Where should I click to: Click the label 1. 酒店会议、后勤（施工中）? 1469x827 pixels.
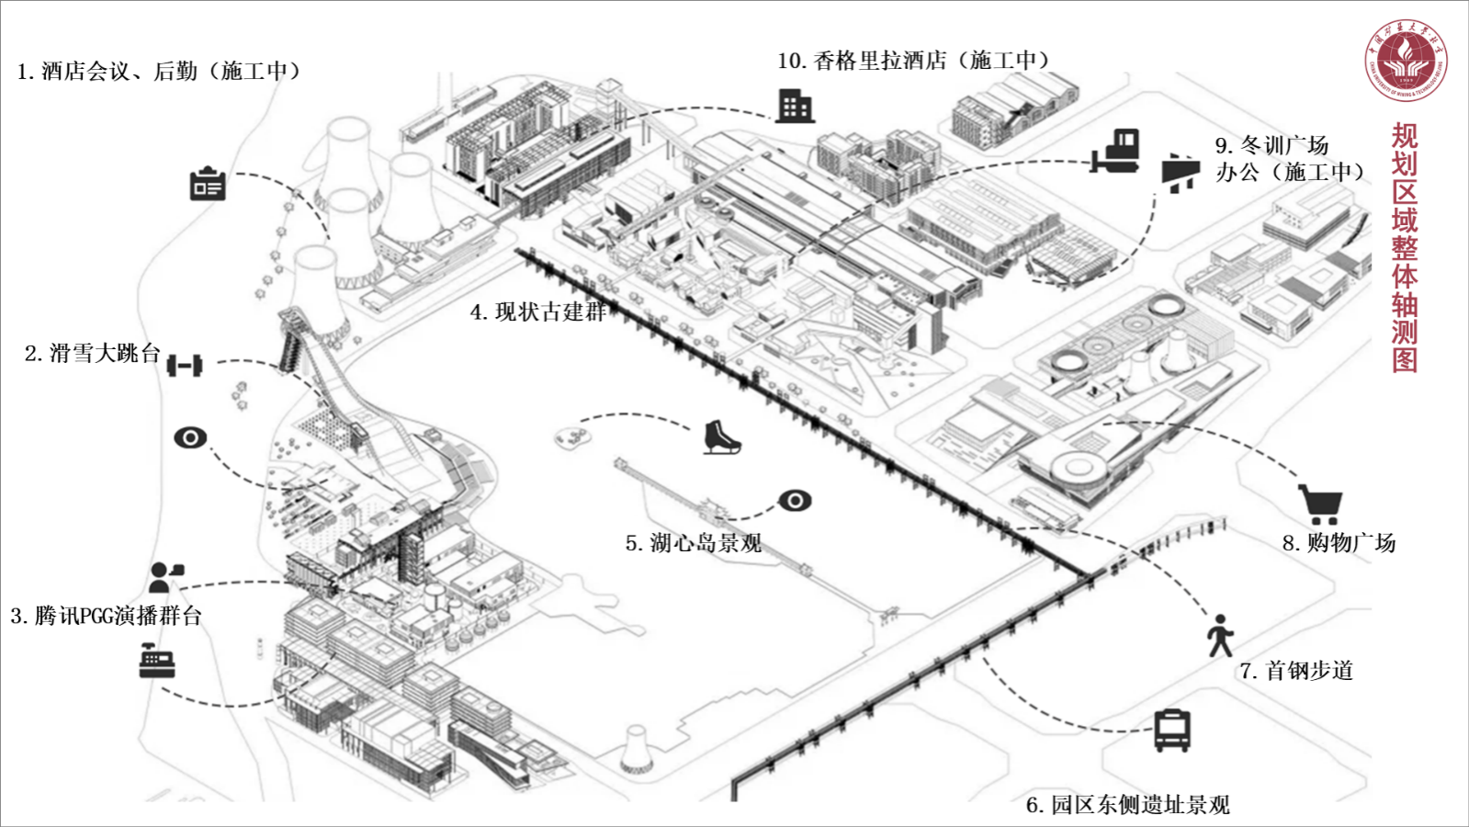tap(159, 72)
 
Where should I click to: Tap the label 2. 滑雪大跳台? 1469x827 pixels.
tap(93, 354)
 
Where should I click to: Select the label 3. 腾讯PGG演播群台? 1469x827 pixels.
tap(107, 616)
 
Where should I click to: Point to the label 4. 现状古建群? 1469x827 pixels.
tap(538, 312)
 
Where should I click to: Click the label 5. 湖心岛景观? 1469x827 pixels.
tap(694, 543)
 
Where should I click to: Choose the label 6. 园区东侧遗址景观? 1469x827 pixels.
tap(1127, 805)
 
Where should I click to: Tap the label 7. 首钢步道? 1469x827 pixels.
tap(1296, 671)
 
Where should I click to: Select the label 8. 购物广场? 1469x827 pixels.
tap(1339, 543)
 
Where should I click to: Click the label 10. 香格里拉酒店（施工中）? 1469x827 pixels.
tap(913, 61)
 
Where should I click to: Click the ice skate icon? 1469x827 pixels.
tap(721, 436)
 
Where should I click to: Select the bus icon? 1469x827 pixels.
tap(1172, 731)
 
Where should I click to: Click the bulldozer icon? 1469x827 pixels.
tap(1116, 153)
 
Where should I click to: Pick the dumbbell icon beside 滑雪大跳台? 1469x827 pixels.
tap(185, 366)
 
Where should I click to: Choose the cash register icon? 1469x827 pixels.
tap(157, 661)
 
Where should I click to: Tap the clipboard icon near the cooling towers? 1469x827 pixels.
tap(208, 185)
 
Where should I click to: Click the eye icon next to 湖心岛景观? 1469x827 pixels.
tap(795, 501)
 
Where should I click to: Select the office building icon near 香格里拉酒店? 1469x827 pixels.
tap(795, 107)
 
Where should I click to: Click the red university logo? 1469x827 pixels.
tap(1405, 60)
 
